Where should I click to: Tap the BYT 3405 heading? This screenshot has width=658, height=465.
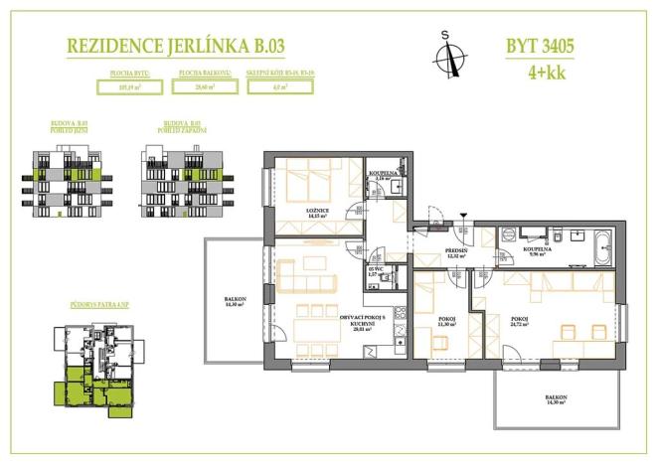pos(540,45)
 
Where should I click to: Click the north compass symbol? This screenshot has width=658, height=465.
pos(448,55)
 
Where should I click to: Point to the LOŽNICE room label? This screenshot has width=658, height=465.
pos(317,213)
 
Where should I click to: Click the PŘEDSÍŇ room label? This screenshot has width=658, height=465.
pos(456,251)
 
